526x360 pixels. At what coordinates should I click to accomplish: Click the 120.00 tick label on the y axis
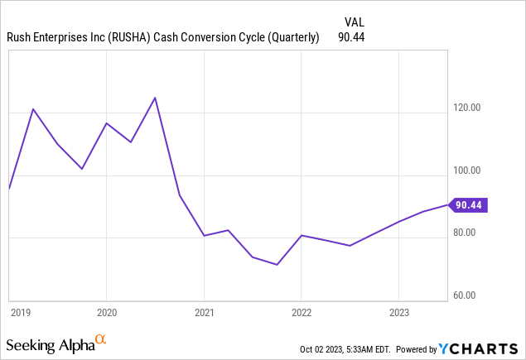[468, 108]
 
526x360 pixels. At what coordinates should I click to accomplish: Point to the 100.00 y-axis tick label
[468, 170]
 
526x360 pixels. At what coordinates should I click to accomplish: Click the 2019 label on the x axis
[21, 313]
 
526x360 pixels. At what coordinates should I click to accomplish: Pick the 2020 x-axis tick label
[106, 313]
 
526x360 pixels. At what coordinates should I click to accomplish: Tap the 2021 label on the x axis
[204, 313]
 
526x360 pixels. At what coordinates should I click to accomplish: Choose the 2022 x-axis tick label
[302, 313]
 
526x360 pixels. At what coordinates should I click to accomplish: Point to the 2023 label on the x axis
[399, 313]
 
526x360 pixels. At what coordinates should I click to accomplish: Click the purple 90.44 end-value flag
[469, 204]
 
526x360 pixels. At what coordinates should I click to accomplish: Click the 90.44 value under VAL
[352, 36]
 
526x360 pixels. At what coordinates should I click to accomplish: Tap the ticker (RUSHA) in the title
[128, 36]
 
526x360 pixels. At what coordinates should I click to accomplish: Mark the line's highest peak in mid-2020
[155, 98]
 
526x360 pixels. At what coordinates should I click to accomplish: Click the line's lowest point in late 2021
[277, 265]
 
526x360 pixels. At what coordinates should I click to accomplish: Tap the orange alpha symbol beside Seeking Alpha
[100, 339]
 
